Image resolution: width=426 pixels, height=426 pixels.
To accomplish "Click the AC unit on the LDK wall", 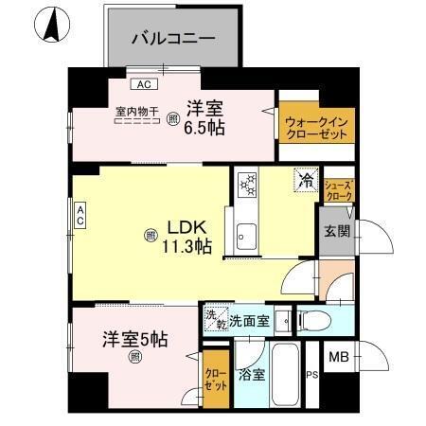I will click(x=81, y=216).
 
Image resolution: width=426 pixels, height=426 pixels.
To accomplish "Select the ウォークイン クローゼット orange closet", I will click(x=313, y=127).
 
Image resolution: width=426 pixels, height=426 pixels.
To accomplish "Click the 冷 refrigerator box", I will click(x=307, y=179).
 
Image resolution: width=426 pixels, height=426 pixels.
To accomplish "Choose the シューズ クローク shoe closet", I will click(x=338, y=189).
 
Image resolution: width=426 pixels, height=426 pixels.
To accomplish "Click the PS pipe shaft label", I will click(x=311, y=374).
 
